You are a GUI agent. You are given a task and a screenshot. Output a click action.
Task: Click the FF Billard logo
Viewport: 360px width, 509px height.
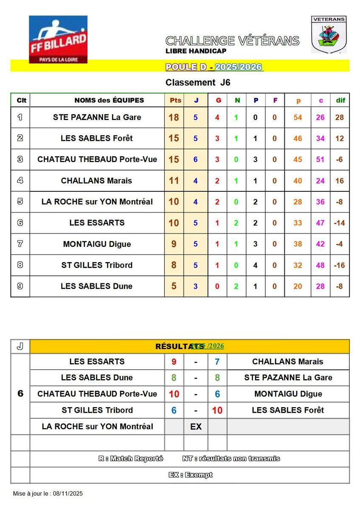(x=58, y=39)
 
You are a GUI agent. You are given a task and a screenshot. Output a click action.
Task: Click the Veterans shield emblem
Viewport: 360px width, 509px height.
(x=329, y=35)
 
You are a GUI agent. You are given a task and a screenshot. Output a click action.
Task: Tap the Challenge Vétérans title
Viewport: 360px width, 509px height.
(x=232, y=41)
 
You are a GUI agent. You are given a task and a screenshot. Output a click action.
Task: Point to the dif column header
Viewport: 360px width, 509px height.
(x=340, y=101)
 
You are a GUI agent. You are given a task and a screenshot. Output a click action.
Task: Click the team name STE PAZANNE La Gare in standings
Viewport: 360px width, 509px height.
(x=97, y=117)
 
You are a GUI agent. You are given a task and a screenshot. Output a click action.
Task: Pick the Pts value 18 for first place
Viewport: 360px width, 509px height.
(x=174, y=117)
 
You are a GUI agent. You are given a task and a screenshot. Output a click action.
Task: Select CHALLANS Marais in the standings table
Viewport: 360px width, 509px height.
(x=96, y=181)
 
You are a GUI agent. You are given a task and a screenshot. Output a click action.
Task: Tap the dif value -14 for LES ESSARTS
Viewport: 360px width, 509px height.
(x=340, y=223)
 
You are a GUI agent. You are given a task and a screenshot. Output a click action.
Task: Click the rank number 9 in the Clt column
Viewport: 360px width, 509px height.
(x=20, y=286)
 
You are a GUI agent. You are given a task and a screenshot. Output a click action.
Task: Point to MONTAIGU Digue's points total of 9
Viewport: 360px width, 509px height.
(x=174, y=244)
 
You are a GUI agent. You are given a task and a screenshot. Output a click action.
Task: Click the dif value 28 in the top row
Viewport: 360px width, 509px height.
(x=340, y=117)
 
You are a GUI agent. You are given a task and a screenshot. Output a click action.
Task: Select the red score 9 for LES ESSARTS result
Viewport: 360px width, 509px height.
(x=174, y=362)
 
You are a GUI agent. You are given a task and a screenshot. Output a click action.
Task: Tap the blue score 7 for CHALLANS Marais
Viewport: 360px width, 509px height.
(x=217, y=362)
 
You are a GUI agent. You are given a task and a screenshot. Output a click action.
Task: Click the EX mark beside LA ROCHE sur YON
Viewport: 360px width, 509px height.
(x=196, y=427)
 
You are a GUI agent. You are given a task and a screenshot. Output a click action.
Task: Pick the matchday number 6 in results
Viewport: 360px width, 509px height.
(x=20, y=394)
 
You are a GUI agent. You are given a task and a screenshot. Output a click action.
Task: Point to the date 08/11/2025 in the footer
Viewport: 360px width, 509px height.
(x=68, y=493)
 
